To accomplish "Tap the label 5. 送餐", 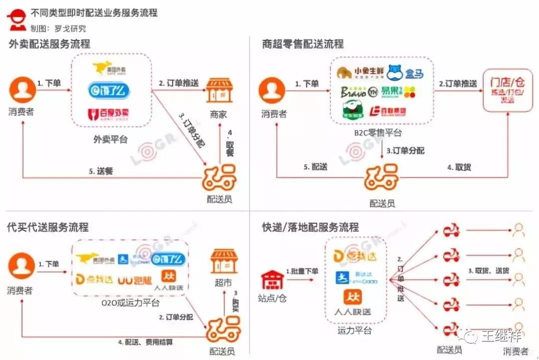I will click(x=101, y=171).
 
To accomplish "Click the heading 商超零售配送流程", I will click(x=303, y=44).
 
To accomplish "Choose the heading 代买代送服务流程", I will click(x=48, y=227).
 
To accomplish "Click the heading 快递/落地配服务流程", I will click(x=310, y=227).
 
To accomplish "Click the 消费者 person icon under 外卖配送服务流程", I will click(x=22, y=91).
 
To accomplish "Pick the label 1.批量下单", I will click(x=302, y=271).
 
